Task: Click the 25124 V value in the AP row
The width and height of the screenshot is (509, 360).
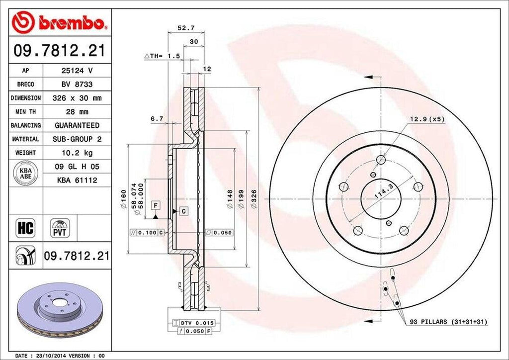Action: pos(77,71)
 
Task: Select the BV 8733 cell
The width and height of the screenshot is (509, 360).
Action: pos(77,85)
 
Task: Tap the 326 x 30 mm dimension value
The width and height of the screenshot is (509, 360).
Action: pos(77,98)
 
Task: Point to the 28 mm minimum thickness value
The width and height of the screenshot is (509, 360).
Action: pos(77,112)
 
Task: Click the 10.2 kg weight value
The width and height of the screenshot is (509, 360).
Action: pos(77,153)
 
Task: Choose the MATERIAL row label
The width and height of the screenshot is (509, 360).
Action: pos(25,139)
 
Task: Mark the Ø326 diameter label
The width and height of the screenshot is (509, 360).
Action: pos(254,201)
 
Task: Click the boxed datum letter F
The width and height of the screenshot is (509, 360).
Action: pos(155,205)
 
